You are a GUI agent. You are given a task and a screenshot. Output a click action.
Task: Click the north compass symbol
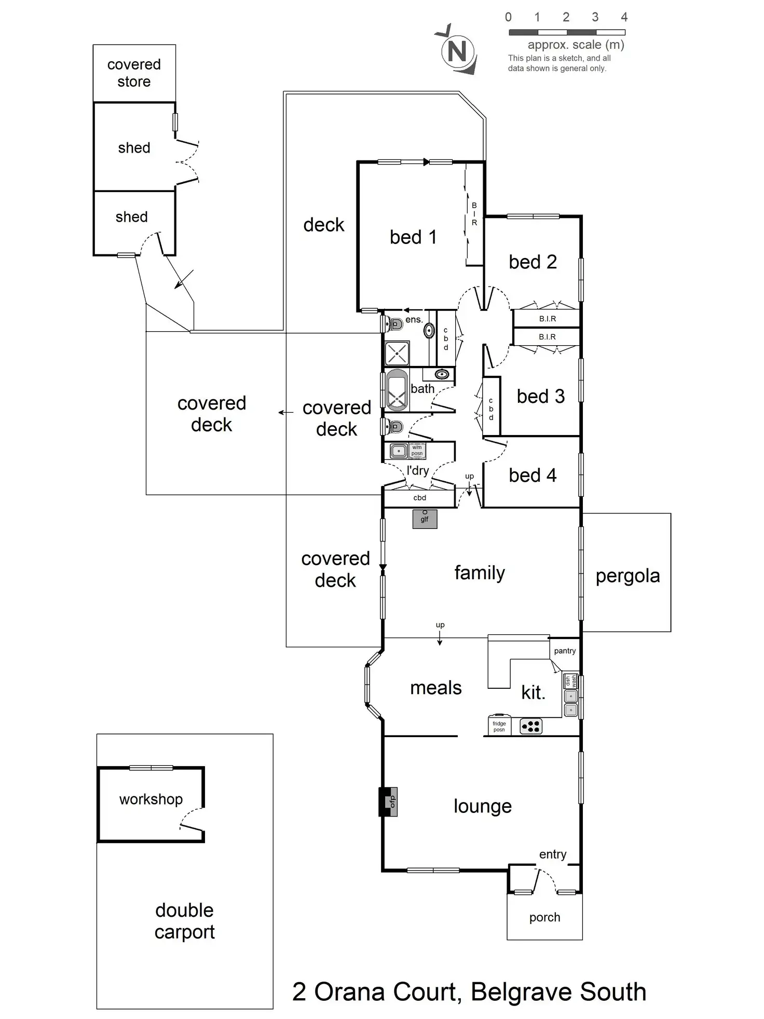pyautogui.click(x=457, y=51)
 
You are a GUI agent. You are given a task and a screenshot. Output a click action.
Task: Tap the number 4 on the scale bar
pyautogui.click(x=624, y=17)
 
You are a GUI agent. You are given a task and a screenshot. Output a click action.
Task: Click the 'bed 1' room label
pyautogui.click(x=413, y=237)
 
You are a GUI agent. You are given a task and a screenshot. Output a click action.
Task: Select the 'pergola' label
pyautogui.click(x=627, y=576)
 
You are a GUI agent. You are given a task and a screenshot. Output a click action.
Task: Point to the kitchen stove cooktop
pyautogui.click(x=530, y=726)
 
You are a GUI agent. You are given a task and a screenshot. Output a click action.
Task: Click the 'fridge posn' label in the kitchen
pyautogui.click(x=499, y=726)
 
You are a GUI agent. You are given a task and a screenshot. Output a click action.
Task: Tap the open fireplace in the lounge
pyautogui.click(x=388, y=802)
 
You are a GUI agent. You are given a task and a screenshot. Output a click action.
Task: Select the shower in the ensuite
pyautogui.click(x=397, y=354)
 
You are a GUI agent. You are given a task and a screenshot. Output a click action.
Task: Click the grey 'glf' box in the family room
pyautogui.click(x=425, y=519)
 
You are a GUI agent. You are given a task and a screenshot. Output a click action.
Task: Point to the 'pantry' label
pyautogui.click(x=565, y=651)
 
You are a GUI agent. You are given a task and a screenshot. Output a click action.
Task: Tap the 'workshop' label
pyautogui.click(x=151, y=799)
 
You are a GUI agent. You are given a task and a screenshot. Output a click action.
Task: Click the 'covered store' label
pyautogui.click(x=134, y=73)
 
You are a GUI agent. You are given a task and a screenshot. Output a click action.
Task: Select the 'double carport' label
pyautogui.click(x=184, y=920)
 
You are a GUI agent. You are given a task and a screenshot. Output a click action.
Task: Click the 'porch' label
pyautogui.click(x=544, y=917)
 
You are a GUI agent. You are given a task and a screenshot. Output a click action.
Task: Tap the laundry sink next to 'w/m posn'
pyautogui.click(x=399, y=451)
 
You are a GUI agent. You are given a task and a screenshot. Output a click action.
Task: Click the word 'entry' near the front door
pyautogui.click(x=553, y=854)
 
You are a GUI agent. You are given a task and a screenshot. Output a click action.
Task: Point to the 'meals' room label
pyautogui.click(x=436, y=688)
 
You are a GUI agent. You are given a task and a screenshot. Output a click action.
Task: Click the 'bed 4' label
pyautogui.click(x=533, y=475)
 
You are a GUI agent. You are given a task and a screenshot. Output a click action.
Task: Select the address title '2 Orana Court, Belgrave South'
pyautogui.click(x=469, y=991)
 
